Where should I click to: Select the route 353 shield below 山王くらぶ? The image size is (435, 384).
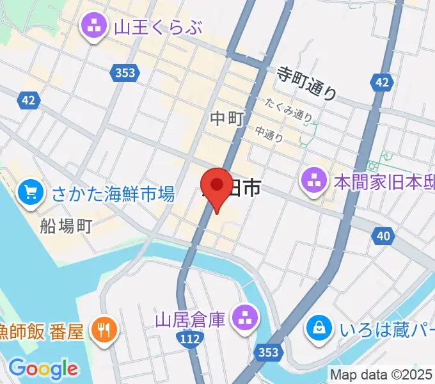125,72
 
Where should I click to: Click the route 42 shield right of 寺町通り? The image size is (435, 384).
381,82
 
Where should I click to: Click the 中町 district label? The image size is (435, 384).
226,118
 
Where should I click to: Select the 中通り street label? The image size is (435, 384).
269,132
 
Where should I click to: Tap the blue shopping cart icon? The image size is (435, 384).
30,193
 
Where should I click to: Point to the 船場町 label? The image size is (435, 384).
67,225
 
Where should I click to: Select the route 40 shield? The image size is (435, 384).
383,237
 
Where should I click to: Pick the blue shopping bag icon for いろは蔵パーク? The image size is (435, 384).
318,328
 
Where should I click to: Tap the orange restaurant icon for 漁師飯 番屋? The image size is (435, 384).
103,330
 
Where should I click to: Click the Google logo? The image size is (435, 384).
43,368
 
